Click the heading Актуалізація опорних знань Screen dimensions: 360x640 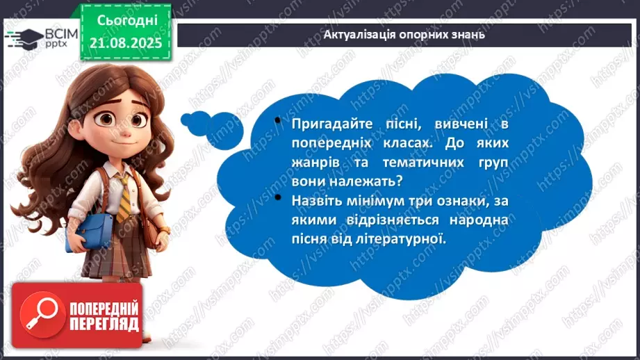point(404,33)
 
